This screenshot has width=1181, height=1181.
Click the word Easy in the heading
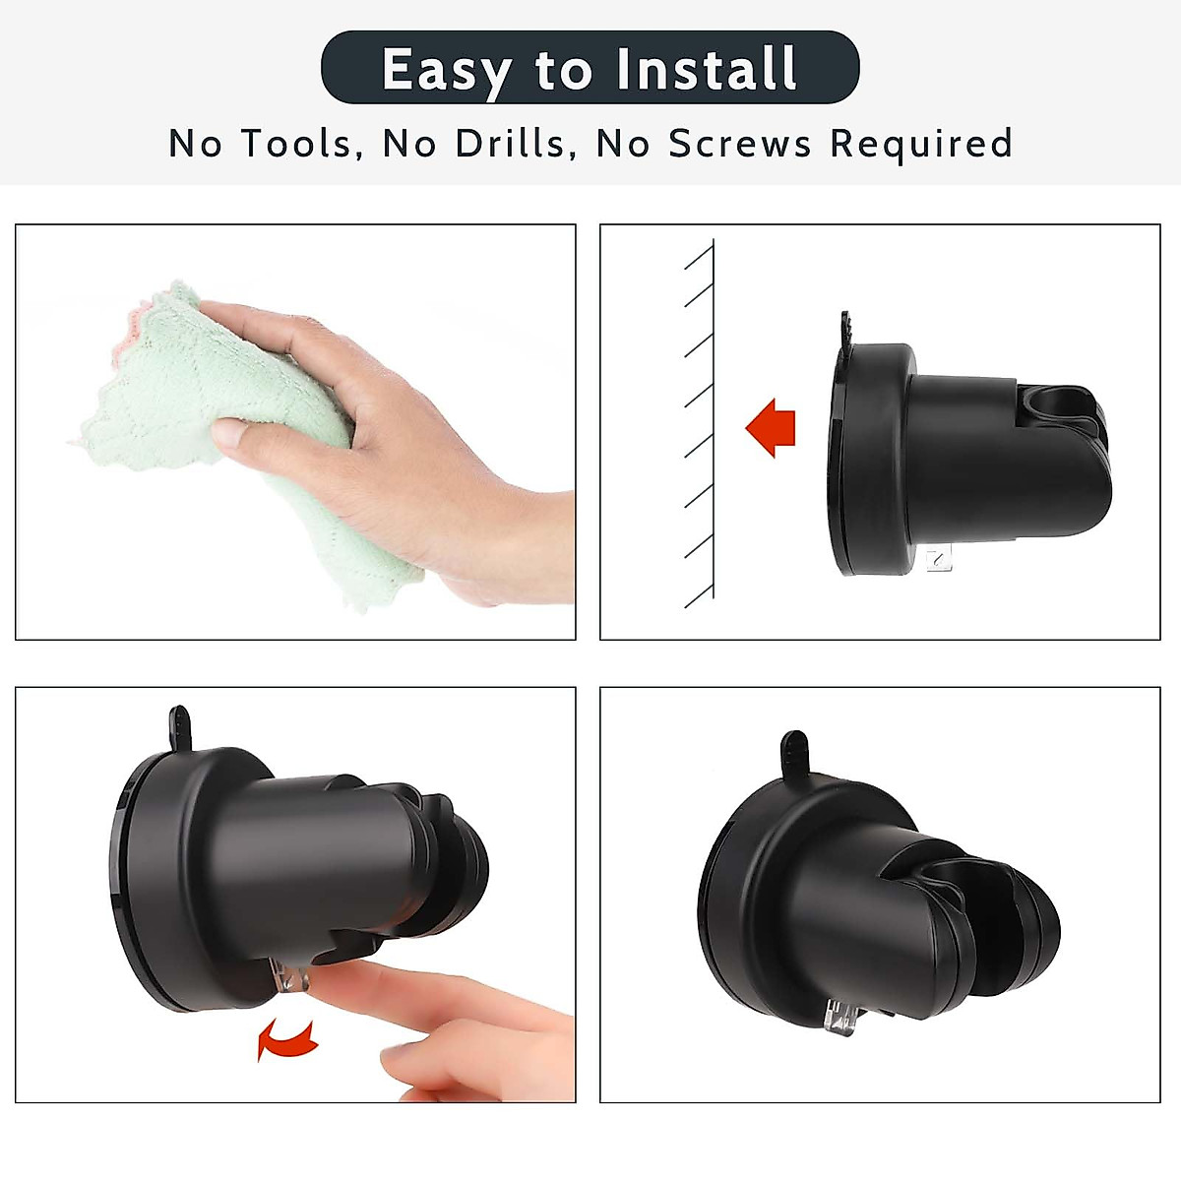445,70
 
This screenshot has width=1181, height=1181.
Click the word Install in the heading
706,70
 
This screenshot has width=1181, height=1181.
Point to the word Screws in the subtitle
740,144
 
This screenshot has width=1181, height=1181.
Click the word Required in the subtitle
921,144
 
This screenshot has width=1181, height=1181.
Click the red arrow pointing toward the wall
771,428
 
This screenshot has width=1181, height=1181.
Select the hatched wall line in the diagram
712,423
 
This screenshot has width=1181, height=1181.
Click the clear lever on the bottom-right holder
839,1014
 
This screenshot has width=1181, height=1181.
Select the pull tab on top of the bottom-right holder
793,753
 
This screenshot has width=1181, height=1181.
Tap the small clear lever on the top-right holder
940,560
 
